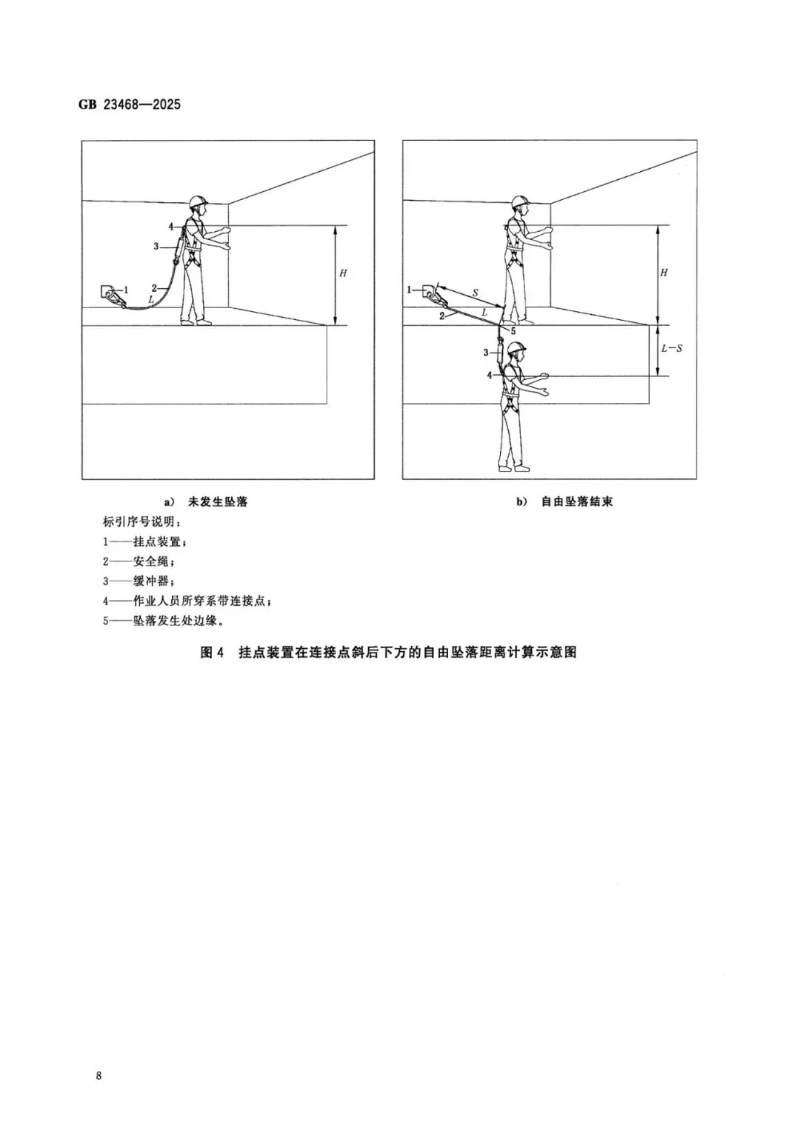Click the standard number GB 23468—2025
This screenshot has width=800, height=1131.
(130, 104)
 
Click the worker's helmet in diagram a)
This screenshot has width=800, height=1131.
(197, 201)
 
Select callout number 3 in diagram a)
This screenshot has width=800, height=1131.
(156, 246)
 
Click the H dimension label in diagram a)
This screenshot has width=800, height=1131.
(343, 273)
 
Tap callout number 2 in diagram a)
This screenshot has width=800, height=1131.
(154, 288)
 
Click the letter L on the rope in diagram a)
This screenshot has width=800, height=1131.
(152, 299)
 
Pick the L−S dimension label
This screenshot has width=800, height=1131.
(671, 347)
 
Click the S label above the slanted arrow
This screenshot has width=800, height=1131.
(475, 293)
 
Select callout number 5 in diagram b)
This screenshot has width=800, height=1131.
(512, 331)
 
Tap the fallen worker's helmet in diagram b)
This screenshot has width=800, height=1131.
(518, 347)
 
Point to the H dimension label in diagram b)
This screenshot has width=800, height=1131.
(664, 273)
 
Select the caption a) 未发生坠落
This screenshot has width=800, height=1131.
(206, 501)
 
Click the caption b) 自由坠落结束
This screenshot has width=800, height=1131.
(564, 501)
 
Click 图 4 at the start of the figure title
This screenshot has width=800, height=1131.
(212, 653)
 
